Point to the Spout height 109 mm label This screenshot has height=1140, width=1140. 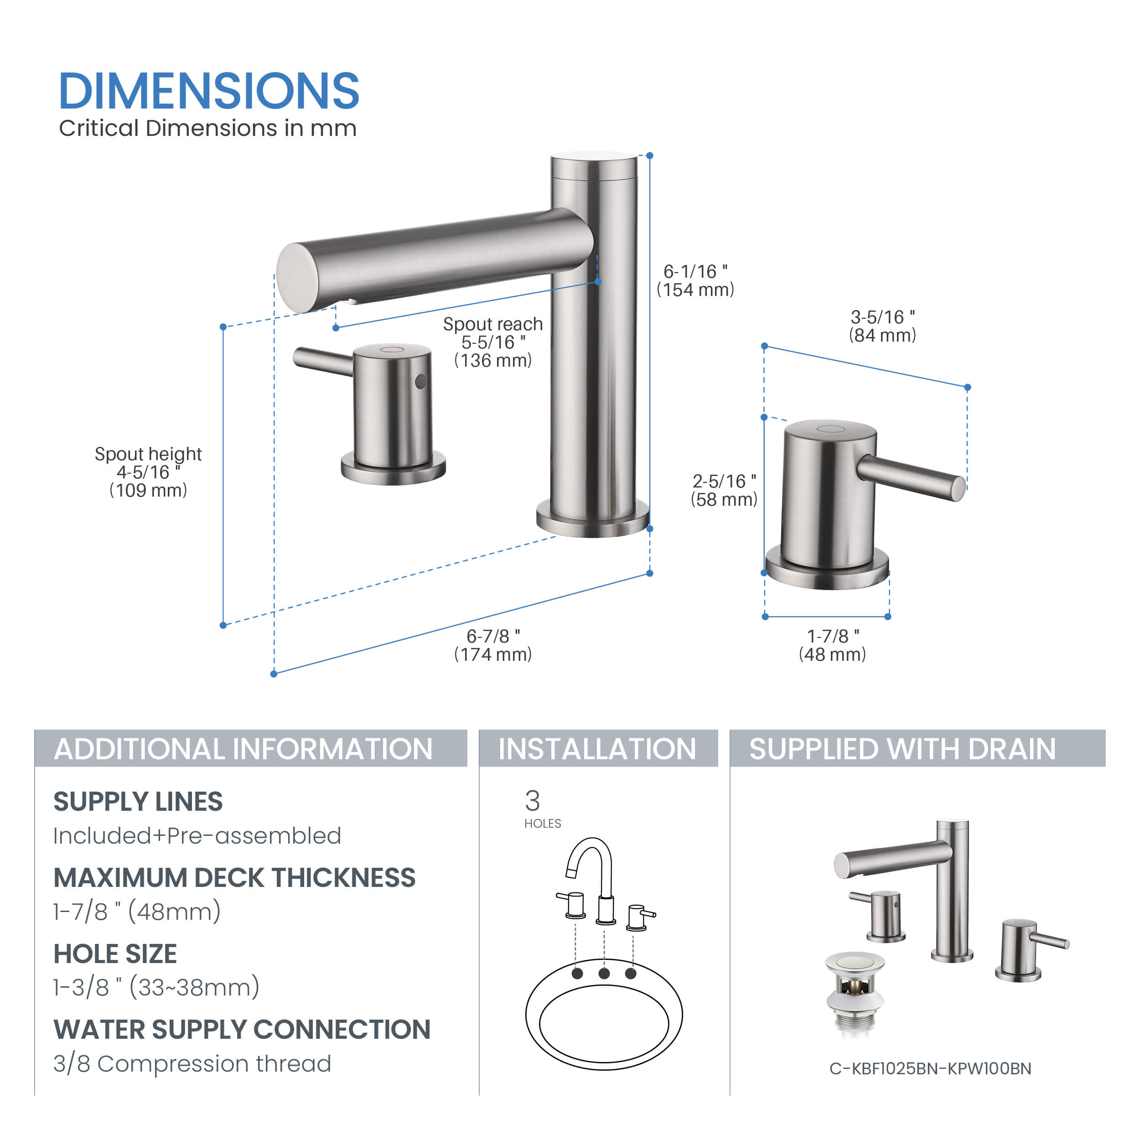(x=148, y=472)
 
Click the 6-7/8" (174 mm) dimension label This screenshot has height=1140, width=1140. (x=492, y=645)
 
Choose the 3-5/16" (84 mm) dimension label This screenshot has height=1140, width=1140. (x=882, y=326)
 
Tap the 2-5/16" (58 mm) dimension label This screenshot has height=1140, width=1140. (x=724, y=490)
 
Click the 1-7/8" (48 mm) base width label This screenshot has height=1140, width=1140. (x=832, y=645)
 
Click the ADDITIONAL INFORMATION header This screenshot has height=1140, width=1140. (x=243, y=749)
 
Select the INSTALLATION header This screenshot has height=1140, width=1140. (x=597, y=749)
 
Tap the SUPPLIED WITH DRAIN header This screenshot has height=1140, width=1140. (x=902, y=749)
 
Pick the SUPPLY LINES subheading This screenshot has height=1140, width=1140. (x=138, y=801)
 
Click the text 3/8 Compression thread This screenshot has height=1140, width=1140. (x=192, y=1063)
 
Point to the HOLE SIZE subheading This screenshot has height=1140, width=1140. (x=115, y=953)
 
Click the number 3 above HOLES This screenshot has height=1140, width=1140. (x=532, y=801)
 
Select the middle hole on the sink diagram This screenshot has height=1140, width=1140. (x=604, y=973)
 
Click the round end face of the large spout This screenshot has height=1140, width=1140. (x=297, y=278)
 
